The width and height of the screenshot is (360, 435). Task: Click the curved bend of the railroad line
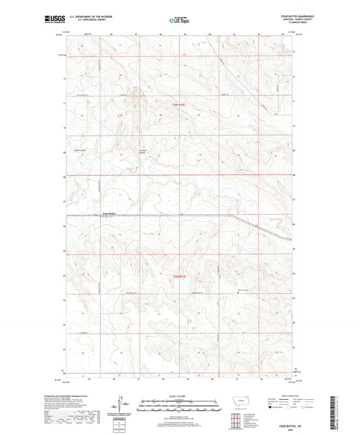[236, 217]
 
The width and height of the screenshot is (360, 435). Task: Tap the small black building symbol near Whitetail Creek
[239, 292]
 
